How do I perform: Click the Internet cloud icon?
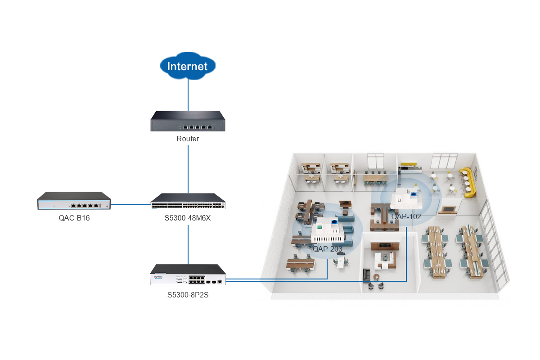[x=188, y=66]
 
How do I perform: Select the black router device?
[x=188, y=121]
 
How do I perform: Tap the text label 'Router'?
[x=188, y=139]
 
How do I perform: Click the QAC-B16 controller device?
[x=74, y=201]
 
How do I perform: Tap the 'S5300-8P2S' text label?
[x=188, y=296]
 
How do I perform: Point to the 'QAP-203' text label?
[x=328, y=249]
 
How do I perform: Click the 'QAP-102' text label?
[x=406, y=216]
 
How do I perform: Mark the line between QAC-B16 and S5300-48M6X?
[x=130, y=204]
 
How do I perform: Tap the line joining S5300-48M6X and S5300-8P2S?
[x=188, y=243]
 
